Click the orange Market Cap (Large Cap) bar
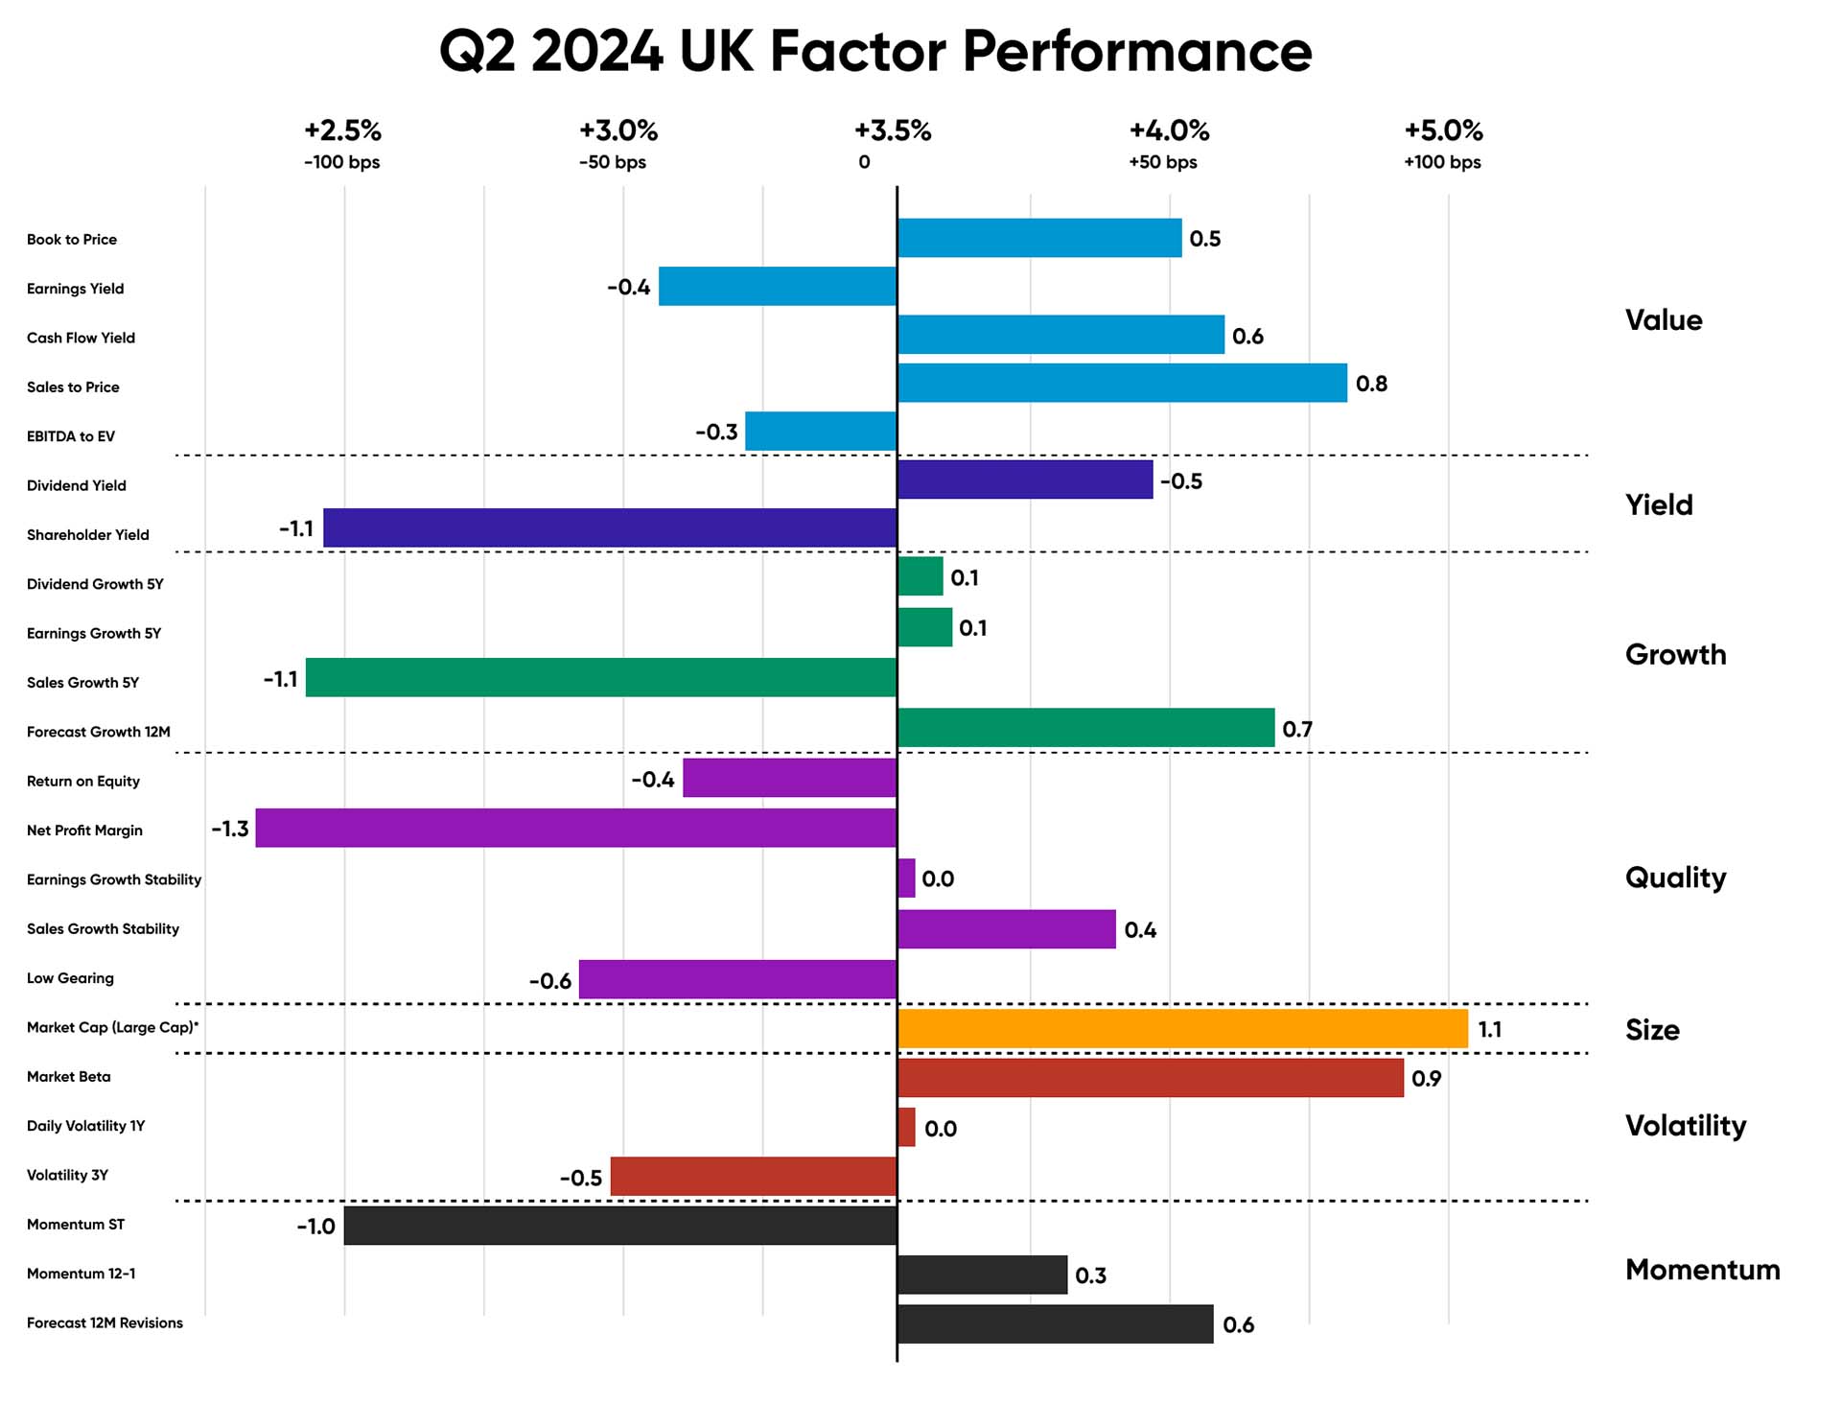[1182, 1028]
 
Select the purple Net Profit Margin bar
[575, 828]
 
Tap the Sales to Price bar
[1122, 383]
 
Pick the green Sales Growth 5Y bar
[601, 677]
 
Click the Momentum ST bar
[620, 1226]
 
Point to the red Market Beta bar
[1151, 1078]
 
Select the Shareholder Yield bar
[610, 527]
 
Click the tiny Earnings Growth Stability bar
[906, 878]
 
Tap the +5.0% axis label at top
[1443, 130]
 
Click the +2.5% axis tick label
[342, 130]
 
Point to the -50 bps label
[612, 162]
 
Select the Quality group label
[1675, 877]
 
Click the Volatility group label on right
[1685, 1125]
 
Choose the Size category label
[1652, 1030]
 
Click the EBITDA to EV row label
[71, 436]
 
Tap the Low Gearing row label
[70, 978]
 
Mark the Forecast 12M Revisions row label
[105, 1322]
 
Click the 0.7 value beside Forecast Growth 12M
[1296, 730]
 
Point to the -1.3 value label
[230, 829]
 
